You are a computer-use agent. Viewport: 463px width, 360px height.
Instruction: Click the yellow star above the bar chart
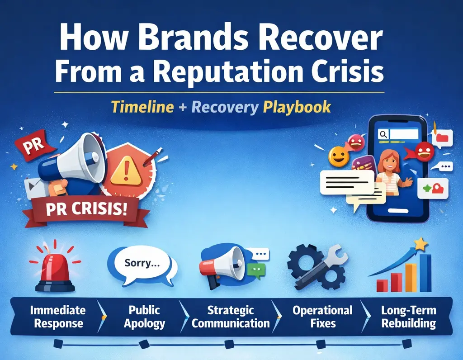(421, 245)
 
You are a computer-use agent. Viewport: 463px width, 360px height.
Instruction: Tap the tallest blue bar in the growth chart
(425, 273)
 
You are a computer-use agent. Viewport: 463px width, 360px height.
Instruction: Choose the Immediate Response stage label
(57, 317)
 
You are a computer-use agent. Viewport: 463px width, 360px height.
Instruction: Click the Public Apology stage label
(144, 317)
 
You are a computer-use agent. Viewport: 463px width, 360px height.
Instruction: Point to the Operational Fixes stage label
(322, 317)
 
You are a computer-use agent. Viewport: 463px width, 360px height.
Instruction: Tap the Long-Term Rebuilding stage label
(408, 317)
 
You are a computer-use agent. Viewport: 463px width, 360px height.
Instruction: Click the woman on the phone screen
(389, 170)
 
